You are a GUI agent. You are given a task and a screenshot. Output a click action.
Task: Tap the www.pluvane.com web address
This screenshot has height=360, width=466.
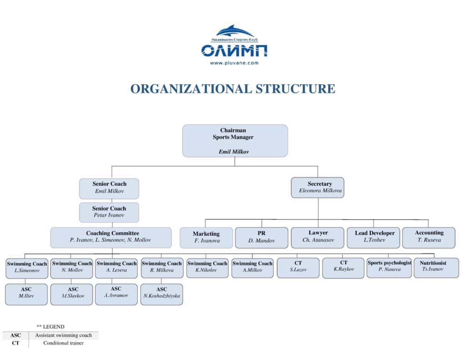[234, 63]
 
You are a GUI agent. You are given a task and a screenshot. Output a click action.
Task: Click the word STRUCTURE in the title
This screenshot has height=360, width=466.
[295, 89]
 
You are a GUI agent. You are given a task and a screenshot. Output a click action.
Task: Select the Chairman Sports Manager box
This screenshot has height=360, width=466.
[235, 141]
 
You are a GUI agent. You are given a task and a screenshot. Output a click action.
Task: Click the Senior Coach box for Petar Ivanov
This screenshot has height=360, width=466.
[109, 212]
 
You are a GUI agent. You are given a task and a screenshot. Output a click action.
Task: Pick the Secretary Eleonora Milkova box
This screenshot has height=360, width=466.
[317, 188]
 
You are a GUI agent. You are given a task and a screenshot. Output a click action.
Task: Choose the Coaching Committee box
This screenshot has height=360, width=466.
[111, 238]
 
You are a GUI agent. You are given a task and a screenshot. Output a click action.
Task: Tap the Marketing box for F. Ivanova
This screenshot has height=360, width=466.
[206, 238]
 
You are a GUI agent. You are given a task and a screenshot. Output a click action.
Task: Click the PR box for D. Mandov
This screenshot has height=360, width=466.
[262, 238]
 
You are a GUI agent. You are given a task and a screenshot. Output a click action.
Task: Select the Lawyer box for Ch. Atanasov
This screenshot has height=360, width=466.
[318, 238]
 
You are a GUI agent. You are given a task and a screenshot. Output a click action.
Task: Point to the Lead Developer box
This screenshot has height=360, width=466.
[373, 238]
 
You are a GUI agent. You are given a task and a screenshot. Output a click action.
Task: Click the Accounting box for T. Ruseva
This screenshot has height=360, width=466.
[429, 238]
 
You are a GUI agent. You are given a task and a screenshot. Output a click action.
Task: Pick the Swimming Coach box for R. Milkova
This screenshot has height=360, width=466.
[162, 268]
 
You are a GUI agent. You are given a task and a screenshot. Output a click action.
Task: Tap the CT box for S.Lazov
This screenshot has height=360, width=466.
[298, 268]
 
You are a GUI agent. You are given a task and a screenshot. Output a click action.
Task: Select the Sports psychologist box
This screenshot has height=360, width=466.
[390, 268]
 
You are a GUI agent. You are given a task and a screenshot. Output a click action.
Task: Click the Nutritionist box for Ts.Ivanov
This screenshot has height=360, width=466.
[436, 268]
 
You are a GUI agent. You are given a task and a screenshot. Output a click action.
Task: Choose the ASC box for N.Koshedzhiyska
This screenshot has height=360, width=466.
[162, 294]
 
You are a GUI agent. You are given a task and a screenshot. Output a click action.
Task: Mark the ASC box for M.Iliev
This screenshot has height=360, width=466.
[26, 294]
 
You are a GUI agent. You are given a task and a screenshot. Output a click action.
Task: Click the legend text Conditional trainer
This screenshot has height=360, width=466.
[63, 343]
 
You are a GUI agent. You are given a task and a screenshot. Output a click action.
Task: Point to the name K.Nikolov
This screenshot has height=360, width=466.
[206, 270]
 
